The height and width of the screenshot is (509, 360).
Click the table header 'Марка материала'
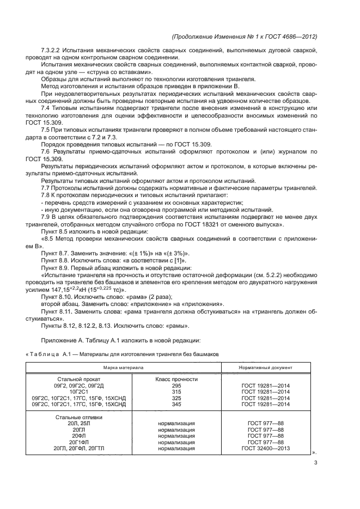point(124,368)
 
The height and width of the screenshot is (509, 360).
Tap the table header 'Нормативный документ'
point(266,368)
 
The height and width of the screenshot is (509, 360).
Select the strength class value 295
point(176,385)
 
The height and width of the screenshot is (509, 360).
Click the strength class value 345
point(176,404)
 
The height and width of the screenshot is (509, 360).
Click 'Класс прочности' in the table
point(176,378)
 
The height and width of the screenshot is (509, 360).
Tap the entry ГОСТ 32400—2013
point(266,449)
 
